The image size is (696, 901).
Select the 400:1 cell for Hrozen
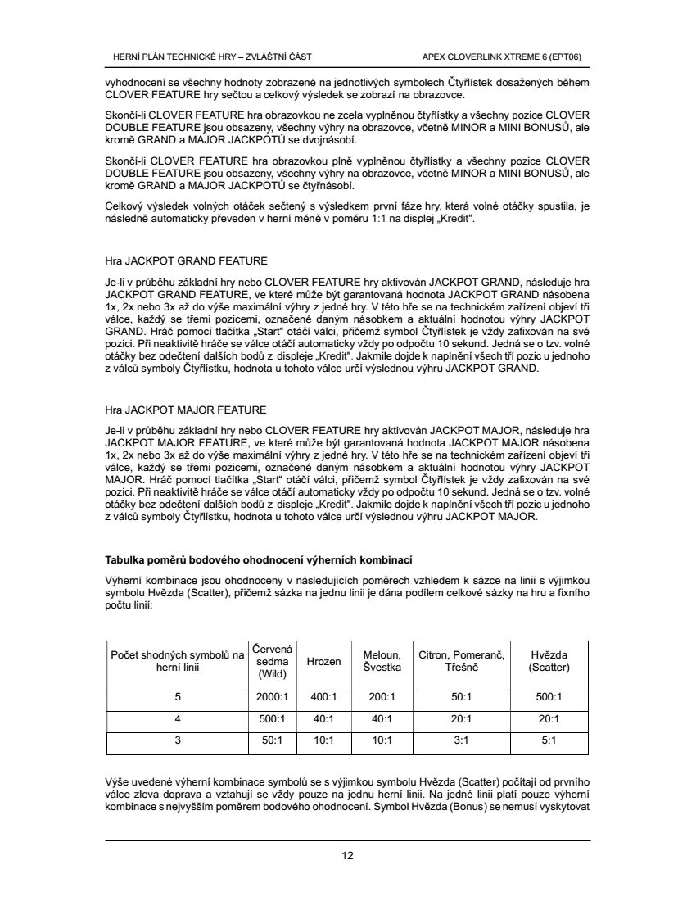(323, 697)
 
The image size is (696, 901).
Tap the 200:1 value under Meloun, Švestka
(382, 697)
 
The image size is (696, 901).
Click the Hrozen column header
(323, 661)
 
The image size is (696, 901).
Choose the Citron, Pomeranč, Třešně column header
(460, 661)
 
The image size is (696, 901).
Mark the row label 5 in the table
(177, 697)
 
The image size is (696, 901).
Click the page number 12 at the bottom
(348, 857)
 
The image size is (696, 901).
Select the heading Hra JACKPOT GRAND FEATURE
(186, 261)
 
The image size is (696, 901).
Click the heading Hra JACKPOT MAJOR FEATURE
(186, 409)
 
